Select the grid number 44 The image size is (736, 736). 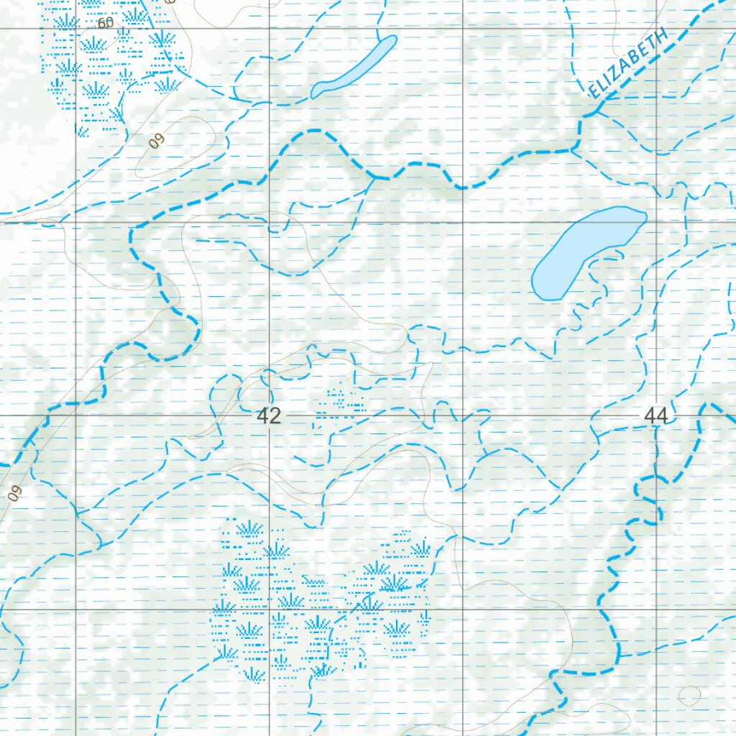[655, 417]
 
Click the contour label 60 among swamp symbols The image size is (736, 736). [106, 24]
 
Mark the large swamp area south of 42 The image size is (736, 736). [316, 600]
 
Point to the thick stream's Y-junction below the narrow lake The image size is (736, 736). [374, 175]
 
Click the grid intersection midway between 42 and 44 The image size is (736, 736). [463, 415]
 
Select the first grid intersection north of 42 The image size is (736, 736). [270, 222]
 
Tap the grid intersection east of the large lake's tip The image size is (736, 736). [656, 222]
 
